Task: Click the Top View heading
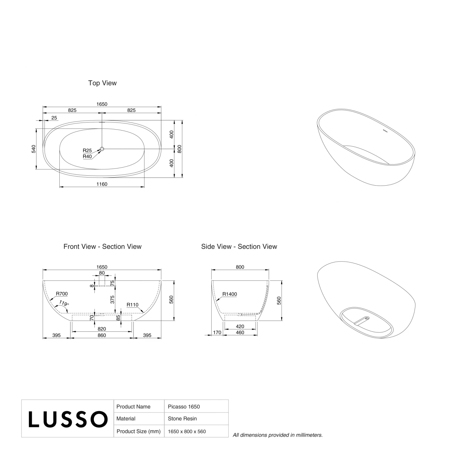(102, 83)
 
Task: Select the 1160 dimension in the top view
(102, 184)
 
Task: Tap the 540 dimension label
(34, 149)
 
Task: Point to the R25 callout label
(87, 151)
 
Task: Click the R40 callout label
(87, 156)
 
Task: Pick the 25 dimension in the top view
(54, 118)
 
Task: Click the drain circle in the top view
(102, 149)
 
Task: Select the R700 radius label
(62, 294)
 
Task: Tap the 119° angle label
(64, 303)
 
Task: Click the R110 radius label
(132, 305)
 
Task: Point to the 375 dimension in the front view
(112, 299)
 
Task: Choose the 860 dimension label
(102, 335)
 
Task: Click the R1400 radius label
(230, 294)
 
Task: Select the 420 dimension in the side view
(240, 326)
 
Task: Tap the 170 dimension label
(217, 333)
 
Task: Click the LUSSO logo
(68, 419)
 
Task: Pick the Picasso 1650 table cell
(184, 407)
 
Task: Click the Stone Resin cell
(182, 419)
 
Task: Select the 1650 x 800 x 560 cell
(187, 432)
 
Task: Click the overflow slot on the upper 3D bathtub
(385, 131)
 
